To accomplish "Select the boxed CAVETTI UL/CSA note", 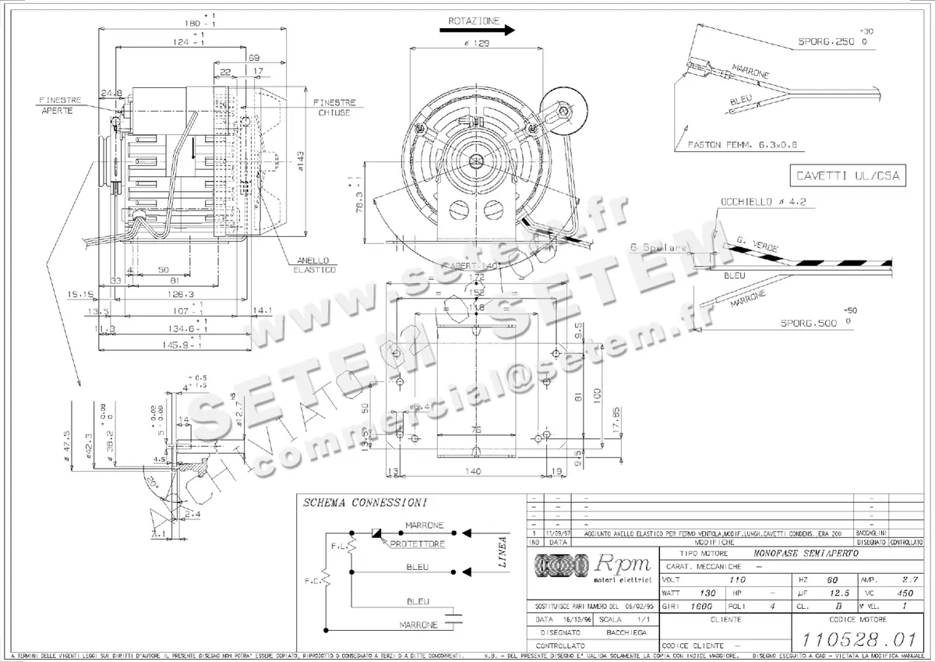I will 845,175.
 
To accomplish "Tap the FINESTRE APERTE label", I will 58,105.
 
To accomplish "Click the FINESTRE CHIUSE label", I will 334,108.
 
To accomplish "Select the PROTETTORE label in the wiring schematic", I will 418,543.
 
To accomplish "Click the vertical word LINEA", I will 503,551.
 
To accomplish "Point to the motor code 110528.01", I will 858,640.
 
